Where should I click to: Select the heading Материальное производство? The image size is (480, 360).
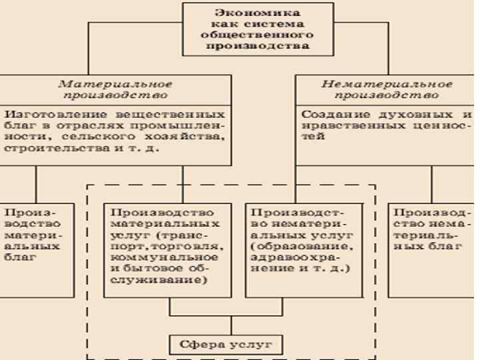tap(115, 90)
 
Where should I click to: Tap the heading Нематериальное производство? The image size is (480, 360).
tap(387, 90)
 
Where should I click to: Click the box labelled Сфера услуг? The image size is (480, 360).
tap(231, 344)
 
